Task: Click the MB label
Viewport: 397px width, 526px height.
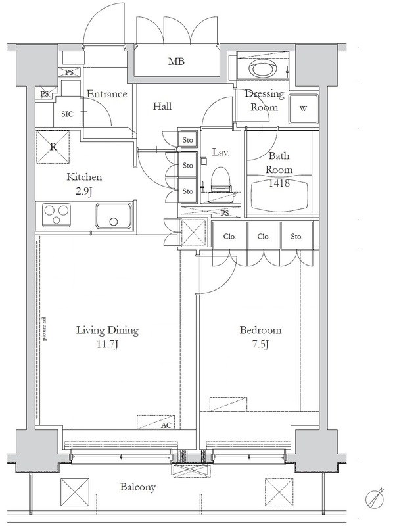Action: point(176,61)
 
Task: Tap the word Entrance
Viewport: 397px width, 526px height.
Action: point(107,93)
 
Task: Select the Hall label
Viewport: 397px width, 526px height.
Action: point(162,107)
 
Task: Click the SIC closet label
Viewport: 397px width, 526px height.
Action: point(68,114)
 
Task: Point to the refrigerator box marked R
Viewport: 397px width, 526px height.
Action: point(53,147)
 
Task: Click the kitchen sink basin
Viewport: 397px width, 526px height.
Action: point(114,216)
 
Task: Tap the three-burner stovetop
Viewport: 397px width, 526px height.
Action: point(57,215)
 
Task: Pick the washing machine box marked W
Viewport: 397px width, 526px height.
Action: point(304,108)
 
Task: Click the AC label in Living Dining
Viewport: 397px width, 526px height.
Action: point(166,425)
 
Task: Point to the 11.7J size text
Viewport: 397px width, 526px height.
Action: point(107,345)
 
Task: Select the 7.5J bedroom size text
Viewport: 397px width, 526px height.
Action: point(260,345)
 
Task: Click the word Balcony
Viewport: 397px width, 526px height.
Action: point(138,487)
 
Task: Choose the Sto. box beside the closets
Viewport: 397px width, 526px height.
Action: point(296,236)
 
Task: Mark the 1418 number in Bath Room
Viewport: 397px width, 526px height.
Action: point(279,183)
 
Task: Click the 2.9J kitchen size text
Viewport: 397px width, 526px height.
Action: point(84,191)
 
